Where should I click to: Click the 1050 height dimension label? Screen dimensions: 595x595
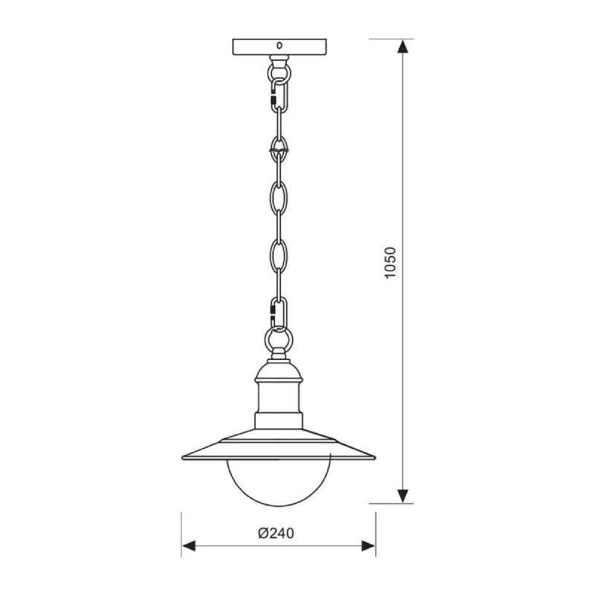[x=390, y=263]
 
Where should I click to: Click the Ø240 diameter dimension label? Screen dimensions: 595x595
[x=276, y=533]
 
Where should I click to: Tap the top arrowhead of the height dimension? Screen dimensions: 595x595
[x=402, y=46]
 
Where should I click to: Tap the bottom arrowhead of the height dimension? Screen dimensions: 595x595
[x=402, y=496]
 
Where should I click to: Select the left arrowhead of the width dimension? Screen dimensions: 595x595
[x=189, y=546]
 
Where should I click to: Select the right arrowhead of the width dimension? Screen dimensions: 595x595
[x=368, y=546]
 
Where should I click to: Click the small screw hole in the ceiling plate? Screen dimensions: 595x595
[x=280, y=45]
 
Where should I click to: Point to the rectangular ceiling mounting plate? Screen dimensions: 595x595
[x=280, y=47]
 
